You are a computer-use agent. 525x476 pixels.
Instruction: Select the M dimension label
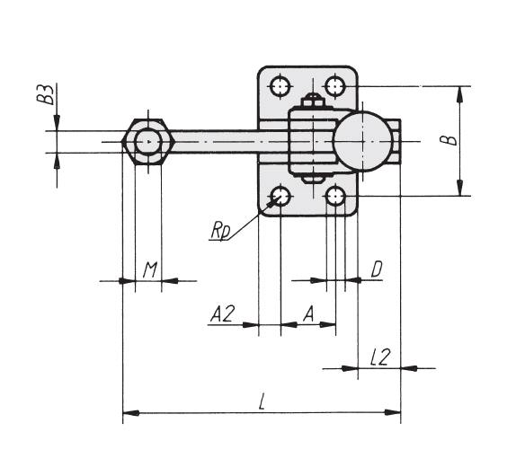pyautogui.click(x=149, y=270)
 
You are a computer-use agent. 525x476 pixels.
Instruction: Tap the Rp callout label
pyautogui.click(x=220, y=231)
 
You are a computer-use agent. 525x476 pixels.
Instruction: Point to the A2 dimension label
pyautogui.click(x=223, y=314)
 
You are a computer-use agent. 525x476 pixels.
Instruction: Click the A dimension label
pyautogui.click(x=309, y=314)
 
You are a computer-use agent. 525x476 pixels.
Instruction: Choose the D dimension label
pyautogui.click(x=377, y=269)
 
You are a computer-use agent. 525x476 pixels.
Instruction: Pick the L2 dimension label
pyautogui.click(x=380, y=357)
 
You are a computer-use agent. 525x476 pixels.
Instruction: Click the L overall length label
pyautogui.click(x=262, y=401)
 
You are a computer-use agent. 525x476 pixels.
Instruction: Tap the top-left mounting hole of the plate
pyautogui.click(x=280, y=86)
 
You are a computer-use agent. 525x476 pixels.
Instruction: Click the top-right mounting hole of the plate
pyautogui.click(x=335, y=86)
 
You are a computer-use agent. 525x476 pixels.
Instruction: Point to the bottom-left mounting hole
pyautogui.click(x=280, y=197)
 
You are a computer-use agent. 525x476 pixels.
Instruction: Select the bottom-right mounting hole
pyautogui.click(x=335, y=197)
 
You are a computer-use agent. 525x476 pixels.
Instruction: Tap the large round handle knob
pyautogui.click(x=363, y=141)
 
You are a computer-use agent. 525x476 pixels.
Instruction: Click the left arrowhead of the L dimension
pyautogui.click(x=131, y=413)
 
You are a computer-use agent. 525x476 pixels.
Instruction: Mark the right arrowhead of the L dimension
pyautogui.click(x=393, y=412)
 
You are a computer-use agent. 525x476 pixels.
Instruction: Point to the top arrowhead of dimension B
pyautogui.click(x=460, y=94)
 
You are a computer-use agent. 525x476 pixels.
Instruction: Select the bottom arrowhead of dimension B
pyautogui.click(x=460, y=188)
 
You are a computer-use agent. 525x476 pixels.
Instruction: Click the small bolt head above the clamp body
pyautogui.click(x=313, y=100)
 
